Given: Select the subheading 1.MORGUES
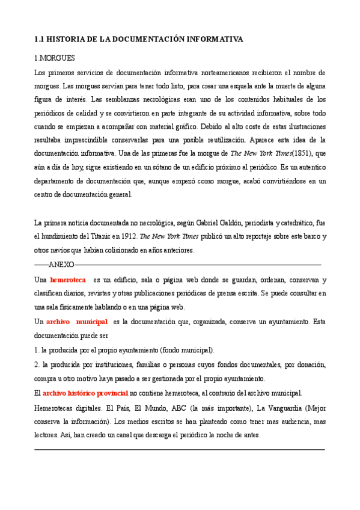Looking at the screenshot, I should coord(55,58).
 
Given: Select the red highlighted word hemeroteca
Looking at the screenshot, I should coord(68,280).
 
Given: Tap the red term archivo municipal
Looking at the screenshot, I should coord(77,322).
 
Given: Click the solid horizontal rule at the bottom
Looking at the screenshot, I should coord(180,449).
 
